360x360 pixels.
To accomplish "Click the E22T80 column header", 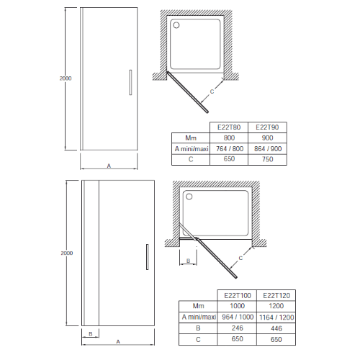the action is pos(229,127).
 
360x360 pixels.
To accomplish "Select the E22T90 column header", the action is pos(267,127).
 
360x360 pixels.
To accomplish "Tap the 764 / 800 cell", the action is pos(230,149).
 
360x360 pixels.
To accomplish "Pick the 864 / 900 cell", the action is pos(268,149).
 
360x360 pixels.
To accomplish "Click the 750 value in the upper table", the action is pos(268,159).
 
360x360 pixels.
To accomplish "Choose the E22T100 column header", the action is pos(238,295).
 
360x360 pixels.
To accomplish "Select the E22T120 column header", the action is pos(276,295).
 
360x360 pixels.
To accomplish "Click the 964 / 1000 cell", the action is pos(238,317).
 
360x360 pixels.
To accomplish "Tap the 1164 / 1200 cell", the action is pos(276,318).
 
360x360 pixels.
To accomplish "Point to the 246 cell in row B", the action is pos(238,328).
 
